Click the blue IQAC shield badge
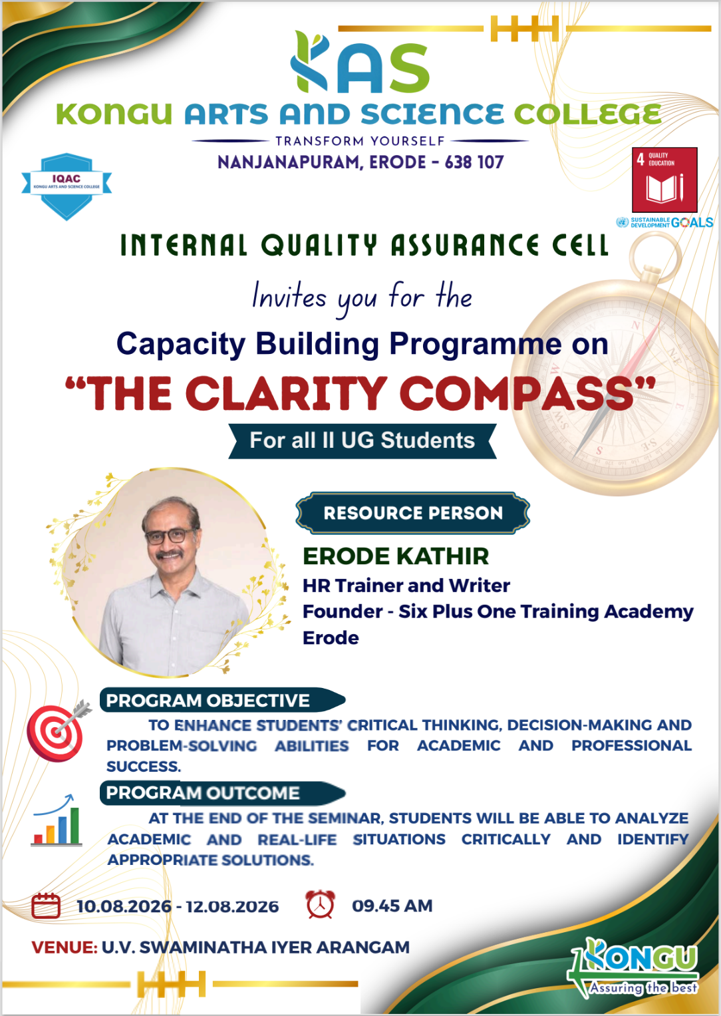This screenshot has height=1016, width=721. (x=67, y=186)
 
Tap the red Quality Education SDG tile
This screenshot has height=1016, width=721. (x=664, y=180)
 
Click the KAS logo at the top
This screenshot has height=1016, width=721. (x=360, y=62)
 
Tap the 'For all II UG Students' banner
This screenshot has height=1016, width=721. (x=362, y=441)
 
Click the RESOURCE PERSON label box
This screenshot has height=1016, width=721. (x=412, y=513)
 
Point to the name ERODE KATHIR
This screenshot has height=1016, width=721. (x=396, y=556)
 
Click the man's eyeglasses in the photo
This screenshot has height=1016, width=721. (x=170, y=536)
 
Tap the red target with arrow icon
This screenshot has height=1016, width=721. (x=58, y=731)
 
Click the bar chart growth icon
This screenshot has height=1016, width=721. (x=57, y=821)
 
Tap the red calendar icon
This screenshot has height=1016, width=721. (x=46, y=906)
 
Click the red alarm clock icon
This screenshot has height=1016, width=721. (x=320, y=904)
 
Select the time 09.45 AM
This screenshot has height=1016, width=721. (x=392, y=906)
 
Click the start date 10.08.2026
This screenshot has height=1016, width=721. (x=124, y=906)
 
